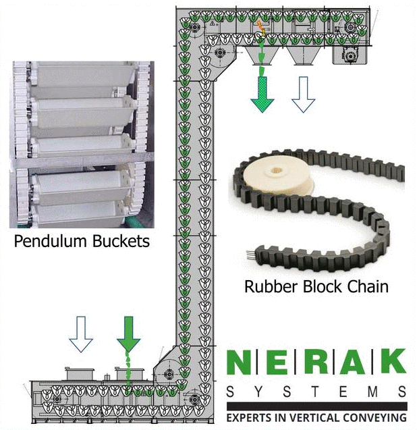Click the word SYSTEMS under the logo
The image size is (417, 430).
316,392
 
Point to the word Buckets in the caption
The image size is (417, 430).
121,241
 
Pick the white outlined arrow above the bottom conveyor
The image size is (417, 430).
82,335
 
